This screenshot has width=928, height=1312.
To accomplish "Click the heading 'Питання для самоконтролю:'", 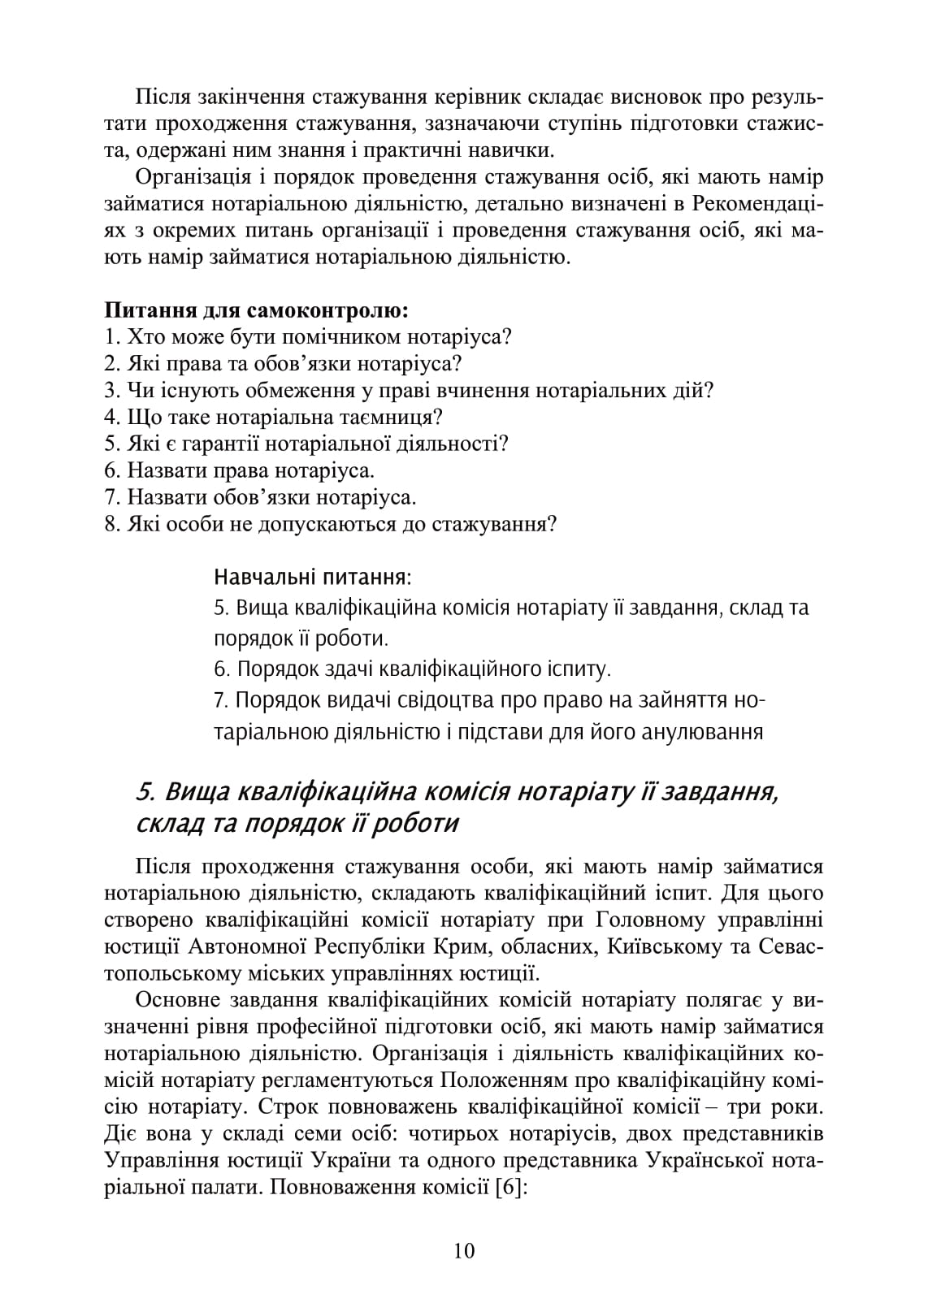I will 256,310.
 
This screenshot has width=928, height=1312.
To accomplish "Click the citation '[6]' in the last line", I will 511,1188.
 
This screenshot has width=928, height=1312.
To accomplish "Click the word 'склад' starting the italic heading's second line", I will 163,824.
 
